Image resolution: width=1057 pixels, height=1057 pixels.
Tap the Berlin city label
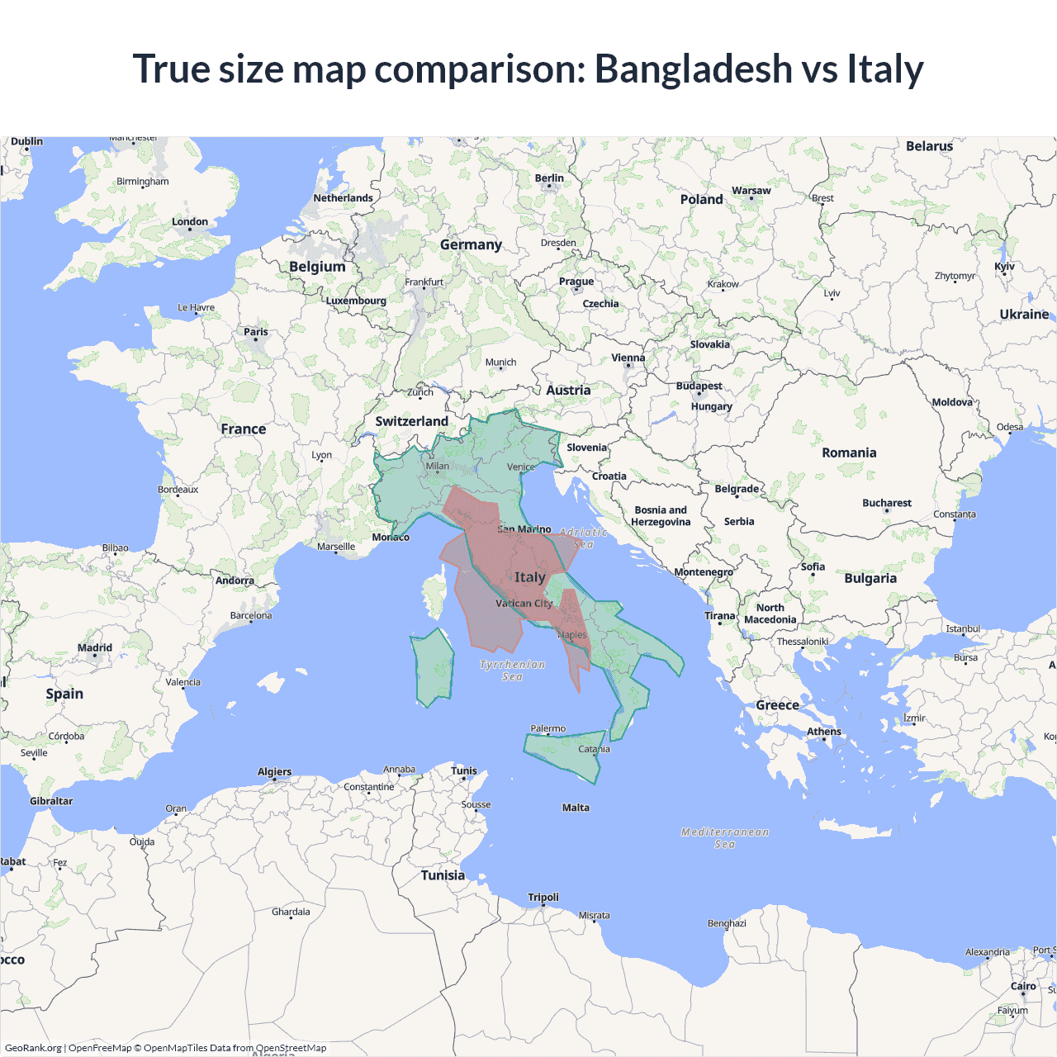pos(549,178)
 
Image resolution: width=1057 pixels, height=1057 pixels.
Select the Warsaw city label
pos(751,191)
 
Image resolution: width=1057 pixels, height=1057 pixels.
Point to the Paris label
pos(256,332)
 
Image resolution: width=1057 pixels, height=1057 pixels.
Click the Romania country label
pos(849,453)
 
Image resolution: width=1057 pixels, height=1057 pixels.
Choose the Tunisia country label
pos(443,875)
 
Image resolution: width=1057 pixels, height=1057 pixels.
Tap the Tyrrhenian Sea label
pos(512,670)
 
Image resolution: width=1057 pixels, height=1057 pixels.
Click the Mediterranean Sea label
pos(724,837)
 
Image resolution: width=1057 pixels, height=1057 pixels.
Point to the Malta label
pos(576,808)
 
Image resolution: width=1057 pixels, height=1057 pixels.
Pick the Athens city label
pos(823,732)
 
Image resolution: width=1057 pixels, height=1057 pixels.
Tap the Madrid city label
pos(95,647)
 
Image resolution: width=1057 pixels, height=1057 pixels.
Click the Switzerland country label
pos(411,421)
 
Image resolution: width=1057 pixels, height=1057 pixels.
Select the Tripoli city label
pos(543,898)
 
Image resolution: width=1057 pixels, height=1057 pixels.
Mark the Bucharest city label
pos(887,503)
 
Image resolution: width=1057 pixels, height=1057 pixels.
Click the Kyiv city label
pos(1004,267)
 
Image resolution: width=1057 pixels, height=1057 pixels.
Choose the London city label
pos(190,222)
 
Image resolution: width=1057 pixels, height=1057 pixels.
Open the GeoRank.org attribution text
pos(33,1048)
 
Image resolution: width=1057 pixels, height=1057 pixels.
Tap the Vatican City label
pos(524,604)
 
